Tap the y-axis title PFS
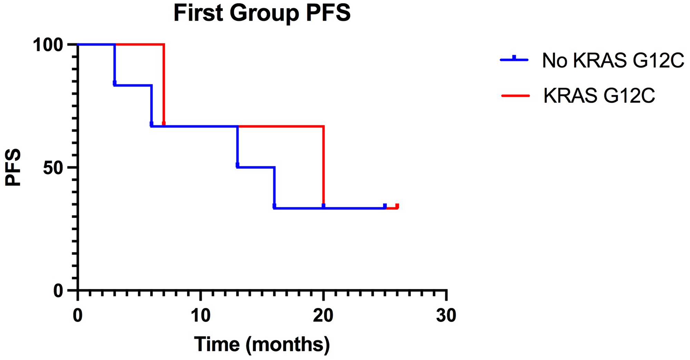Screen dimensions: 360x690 [13, 168]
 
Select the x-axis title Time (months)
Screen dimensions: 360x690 [262, 344]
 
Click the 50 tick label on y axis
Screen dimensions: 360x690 [53, 168]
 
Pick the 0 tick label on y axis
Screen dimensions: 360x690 [59, 291]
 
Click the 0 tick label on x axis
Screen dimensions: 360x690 [78, 315]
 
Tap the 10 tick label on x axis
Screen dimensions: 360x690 [200, 315]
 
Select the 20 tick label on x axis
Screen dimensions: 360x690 [323, 315]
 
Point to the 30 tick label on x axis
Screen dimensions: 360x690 [446, 315]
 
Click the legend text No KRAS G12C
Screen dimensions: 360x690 [613, 61]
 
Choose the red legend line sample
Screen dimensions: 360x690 [515, 95]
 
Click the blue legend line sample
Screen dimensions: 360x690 [514, 60]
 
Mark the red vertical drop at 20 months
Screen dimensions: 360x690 [324, 166]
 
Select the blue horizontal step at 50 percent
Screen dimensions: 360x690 [256, 167]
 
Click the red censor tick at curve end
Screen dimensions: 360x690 [397, 206]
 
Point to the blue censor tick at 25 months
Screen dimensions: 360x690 [385, 206]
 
